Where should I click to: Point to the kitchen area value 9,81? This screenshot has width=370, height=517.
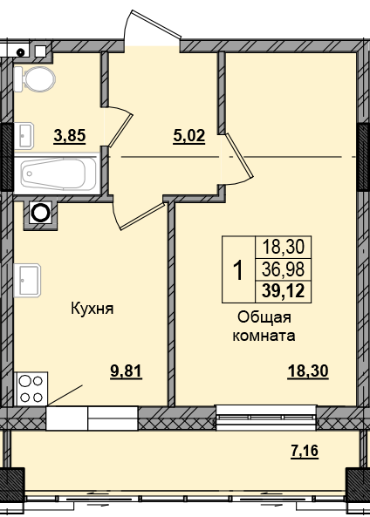[124, 370]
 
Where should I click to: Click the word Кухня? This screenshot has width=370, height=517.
[92, 309]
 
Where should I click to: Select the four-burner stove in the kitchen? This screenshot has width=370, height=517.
[31, 388]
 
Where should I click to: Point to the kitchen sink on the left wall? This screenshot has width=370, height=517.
[25, 280]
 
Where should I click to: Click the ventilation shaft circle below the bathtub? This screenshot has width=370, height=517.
[40, 211]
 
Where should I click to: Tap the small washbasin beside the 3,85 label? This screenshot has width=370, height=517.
[24, 134]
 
